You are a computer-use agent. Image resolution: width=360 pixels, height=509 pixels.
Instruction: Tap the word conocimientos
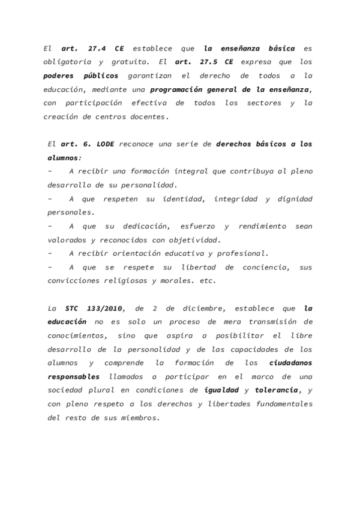point(75,337)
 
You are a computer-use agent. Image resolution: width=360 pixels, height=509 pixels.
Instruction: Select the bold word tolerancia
point(276,390)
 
